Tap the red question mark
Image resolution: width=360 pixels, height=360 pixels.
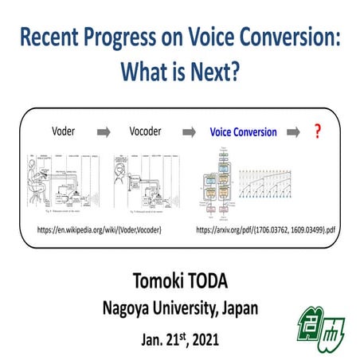click(317, 130)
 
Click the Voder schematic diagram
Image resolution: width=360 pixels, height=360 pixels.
click(61, 183)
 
